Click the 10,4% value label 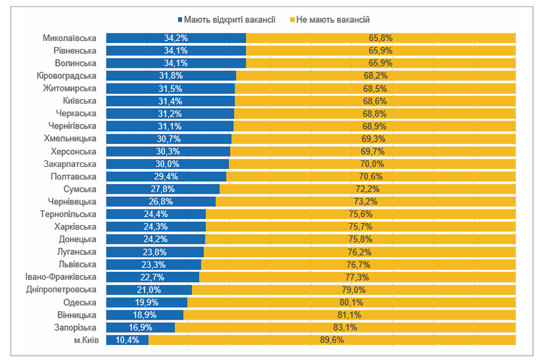tap(127, 340)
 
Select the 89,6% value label tap(332, 340)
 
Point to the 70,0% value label tap(372, 164)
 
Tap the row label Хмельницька tap(70, 139)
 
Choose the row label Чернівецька tap(72, 202)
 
